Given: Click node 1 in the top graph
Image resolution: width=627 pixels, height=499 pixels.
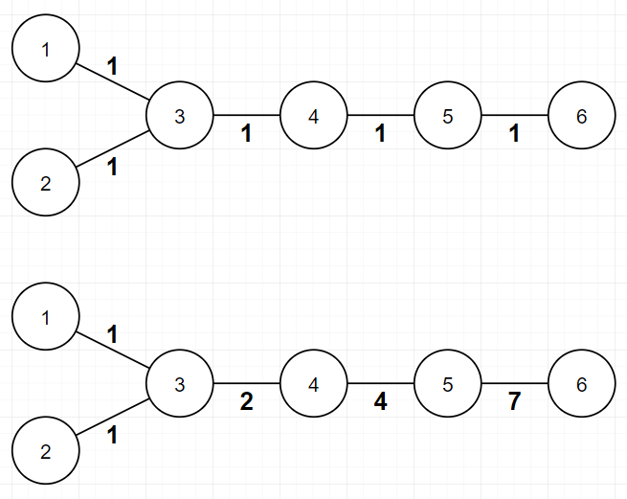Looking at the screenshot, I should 46,49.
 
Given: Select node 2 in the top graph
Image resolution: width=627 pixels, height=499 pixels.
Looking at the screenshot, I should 46,183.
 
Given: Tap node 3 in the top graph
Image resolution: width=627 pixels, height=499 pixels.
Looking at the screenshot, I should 180,116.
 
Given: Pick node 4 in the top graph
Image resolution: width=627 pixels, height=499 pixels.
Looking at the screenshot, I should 314,116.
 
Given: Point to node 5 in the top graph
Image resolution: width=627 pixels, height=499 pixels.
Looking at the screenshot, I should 448,116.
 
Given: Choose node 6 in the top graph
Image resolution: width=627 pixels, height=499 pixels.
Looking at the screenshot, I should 582,116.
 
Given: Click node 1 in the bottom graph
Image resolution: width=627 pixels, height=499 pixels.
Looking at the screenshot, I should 46,317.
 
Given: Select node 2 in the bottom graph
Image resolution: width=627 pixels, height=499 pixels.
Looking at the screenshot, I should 46,451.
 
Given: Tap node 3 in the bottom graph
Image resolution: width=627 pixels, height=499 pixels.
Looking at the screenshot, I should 180,384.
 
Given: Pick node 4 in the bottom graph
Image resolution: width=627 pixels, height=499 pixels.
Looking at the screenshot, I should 314,384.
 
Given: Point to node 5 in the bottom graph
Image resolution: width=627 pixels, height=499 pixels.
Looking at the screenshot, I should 448,384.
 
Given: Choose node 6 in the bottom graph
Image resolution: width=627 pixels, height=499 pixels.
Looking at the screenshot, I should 582,384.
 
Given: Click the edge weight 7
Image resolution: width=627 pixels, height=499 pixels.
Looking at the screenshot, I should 514,402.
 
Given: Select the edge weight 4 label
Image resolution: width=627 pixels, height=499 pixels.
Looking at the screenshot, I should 381,402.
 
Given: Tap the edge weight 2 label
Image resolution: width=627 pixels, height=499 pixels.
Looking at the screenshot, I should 247,402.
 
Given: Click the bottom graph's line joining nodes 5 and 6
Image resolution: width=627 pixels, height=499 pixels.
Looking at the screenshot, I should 515,384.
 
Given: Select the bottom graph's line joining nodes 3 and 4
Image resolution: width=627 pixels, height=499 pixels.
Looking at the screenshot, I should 247,384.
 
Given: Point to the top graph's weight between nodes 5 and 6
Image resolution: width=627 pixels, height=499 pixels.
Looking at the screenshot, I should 515,134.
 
